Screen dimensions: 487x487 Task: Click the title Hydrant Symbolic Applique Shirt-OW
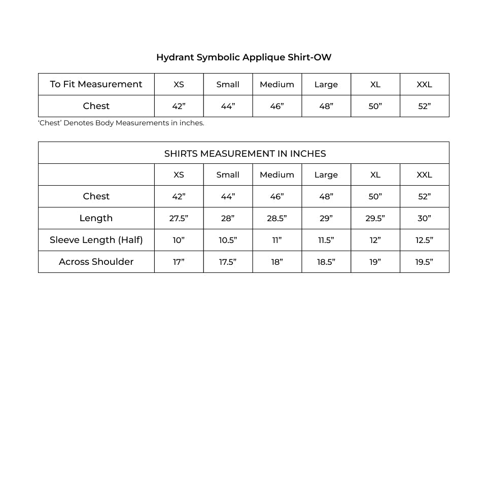243,57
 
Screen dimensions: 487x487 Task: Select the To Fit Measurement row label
96,84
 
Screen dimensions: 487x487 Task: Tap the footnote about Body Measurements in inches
121,123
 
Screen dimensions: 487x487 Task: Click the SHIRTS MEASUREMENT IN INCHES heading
245,154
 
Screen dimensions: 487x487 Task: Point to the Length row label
96,218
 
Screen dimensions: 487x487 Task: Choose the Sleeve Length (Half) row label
96,240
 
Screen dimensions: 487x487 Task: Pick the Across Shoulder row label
96,262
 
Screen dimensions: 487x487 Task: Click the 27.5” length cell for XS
179,219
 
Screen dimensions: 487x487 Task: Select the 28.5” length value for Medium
276,219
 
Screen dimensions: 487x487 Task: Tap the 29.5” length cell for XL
375,219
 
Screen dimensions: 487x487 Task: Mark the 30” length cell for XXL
424,219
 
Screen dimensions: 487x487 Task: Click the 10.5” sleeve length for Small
228,240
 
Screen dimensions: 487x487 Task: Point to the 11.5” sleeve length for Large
326,240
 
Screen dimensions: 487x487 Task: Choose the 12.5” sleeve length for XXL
424,240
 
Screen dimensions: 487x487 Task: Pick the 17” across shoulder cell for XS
179,262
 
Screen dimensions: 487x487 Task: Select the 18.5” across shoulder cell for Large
326,262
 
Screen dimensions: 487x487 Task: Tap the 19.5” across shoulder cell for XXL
424,262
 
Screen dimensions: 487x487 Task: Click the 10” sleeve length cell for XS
179,240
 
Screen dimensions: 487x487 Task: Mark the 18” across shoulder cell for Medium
276,262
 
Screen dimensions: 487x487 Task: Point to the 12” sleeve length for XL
375,240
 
